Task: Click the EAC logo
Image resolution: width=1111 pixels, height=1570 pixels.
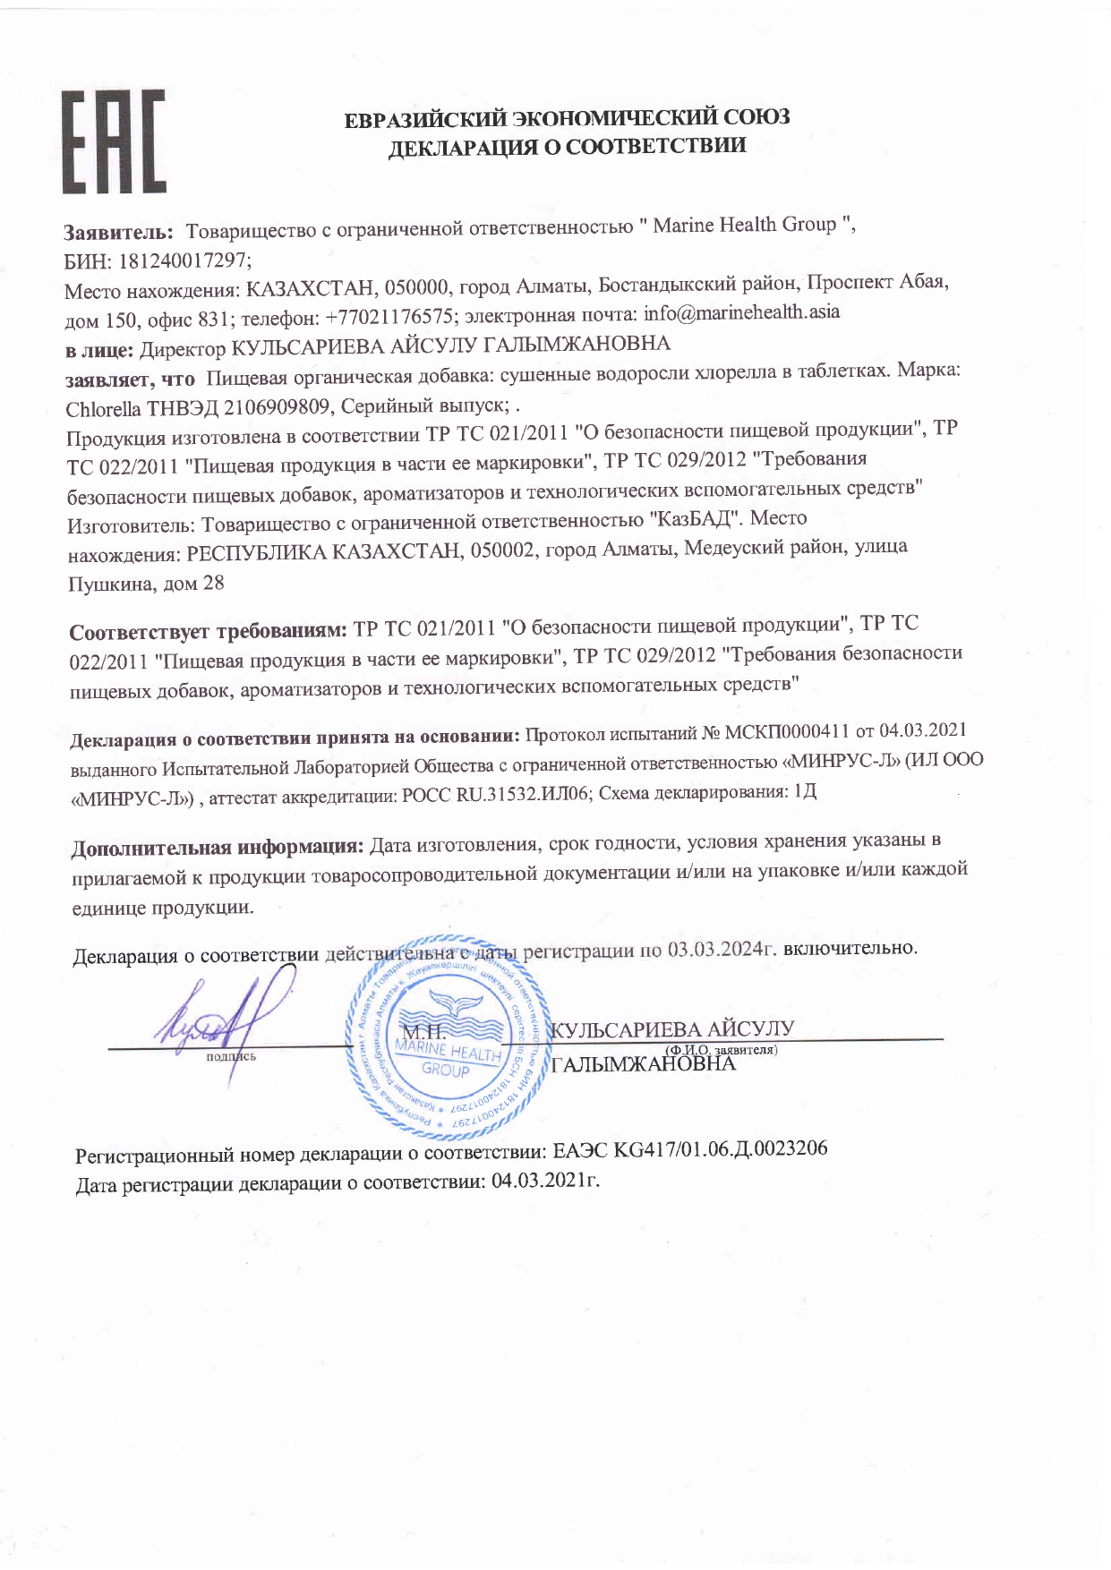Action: click(x=113, y=141)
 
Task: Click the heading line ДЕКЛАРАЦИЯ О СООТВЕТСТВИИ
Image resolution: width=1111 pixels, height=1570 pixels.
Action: click(x=566, y=147)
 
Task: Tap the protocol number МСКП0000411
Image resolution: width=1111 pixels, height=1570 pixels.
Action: click(x=787, y=733)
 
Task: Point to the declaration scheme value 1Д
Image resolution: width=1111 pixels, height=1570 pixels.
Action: click(x=806, y=791)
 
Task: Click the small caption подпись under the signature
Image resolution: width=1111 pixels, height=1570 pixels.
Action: click(x=231, y=1057)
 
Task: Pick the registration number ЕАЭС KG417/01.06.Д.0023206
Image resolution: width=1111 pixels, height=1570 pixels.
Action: click(x=689, y=1150)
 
